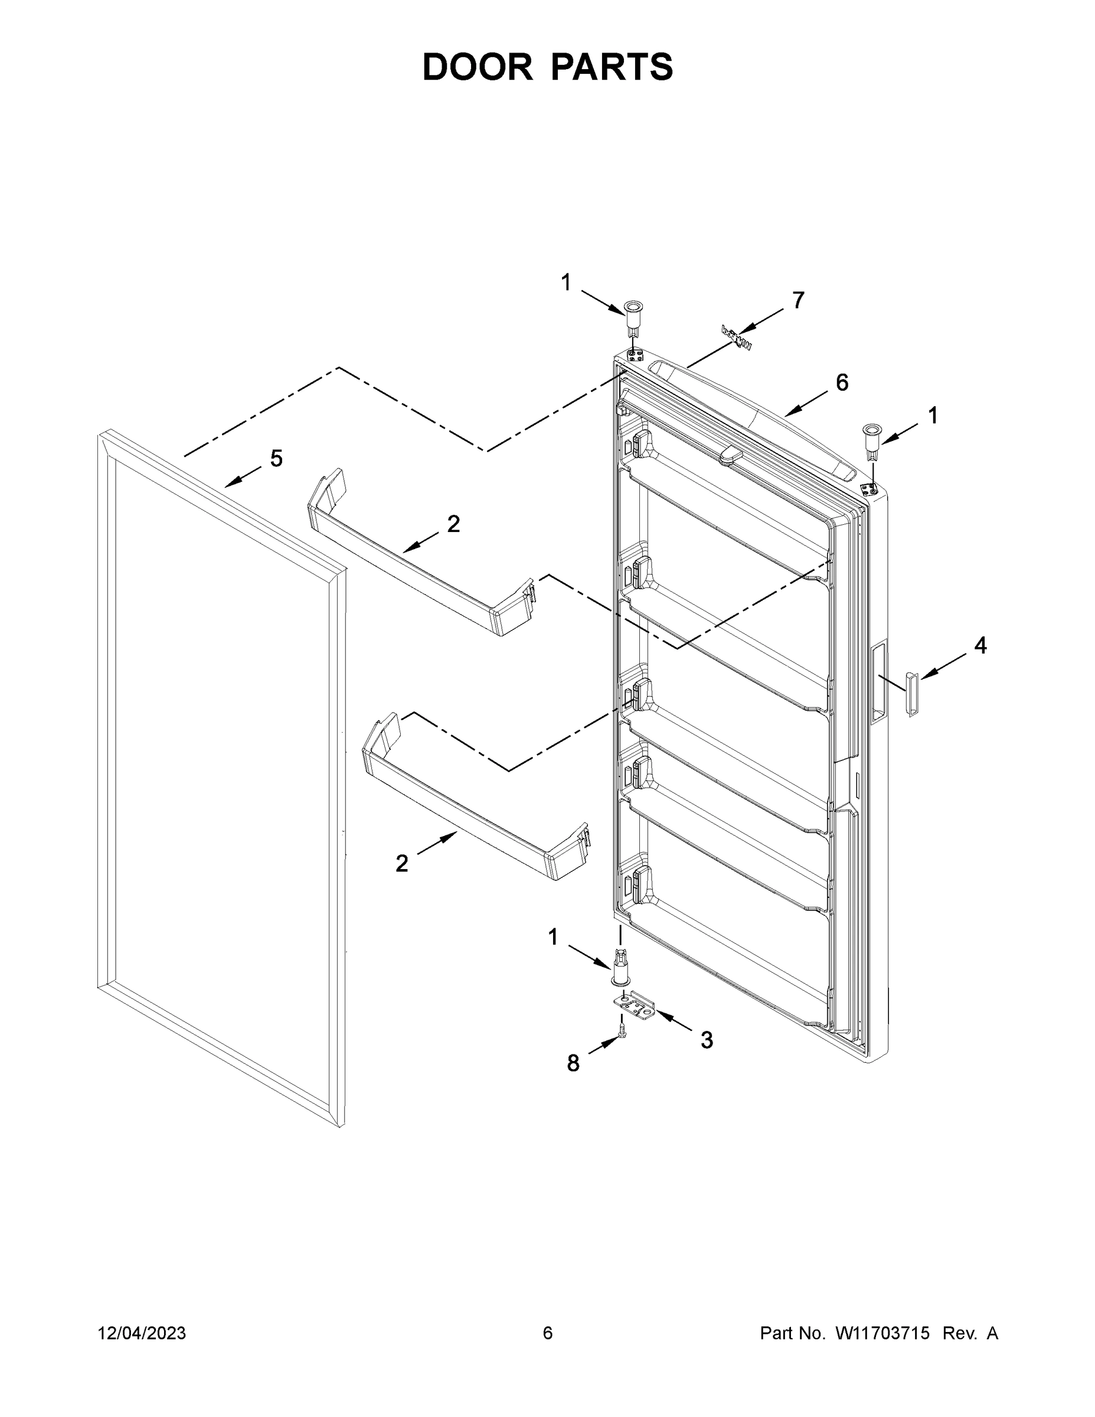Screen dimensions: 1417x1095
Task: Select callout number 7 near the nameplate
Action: pos(798,301)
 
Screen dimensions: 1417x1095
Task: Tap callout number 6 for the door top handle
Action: pos(841,383)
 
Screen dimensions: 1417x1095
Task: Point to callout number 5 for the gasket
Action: pos(276,459)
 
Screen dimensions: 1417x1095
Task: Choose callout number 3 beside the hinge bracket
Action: pos(707,1040)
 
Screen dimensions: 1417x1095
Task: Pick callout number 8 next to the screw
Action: pos(573,1063)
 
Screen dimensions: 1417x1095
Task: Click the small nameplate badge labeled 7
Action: pos(736,339)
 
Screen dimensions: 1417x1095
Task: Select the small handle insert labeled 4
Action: pos(911,694)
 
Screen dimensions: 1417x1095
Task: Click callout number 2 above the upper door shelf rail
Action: pos(453,524)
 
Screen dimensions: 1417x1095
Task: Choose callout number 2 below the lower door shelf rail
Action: pos(402,863)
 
